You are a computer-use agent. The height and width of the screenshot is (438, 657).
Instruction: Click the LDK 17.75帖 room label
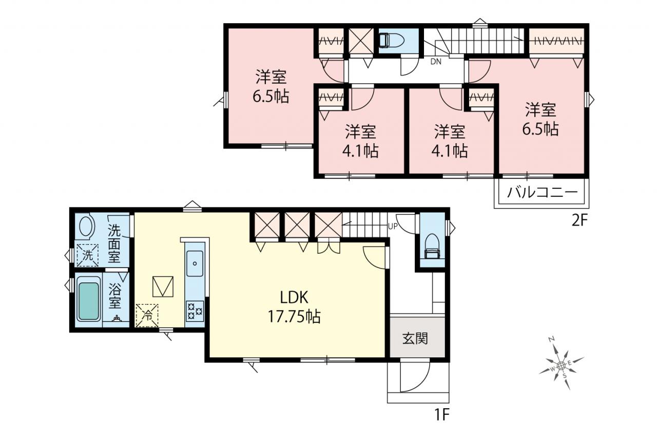click(x=294, y=307)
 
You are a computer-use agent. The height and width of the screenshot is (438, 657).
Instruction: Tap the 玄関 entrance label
click(x=415, y=338)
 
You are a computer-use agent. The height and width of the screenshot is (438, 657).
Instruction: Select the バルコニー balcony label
click(x=543, y=193)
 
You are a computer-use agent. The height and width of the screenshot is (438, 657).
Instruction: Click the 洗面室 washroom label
click(x=114, y=243)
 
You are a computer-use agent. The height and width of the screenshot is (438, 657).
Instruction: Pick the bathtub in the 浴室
click(x=88, y=301)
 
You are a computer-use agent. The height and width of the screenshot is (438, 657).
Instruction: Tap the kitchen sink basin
click(x=195, y=263)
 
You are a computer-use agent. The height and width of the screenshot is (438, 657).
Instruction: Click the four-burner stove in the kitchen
click(x=195, y=312)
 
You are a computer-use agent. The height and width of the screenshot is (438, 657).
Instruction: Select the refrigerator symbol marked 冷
click(x=147, y=315)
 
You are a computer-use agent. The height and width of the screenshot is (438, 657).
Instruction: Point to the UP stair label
click(x=393, y=226)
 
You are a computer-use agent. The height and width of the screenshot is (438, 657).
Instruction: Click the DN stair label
click(x=436, y=62)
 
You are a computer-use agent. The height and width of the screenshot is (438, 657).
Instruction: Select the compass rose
click(x=561, y=366)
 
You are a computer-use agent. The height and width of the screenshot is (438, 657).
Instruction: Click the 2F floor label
click(x=579, y=221)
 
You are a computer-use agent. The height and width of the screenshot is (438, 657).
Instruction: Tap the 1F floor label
click(x=442, y=415)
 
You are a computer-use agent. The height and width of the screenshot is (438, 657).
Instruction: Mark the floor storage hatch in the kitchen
click(x=163, y=287)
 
